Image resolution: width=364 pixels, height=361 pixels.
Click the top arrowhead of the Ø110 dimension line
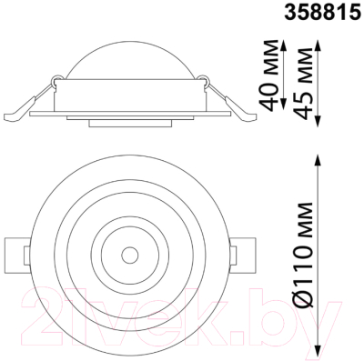click(x=316, y=155)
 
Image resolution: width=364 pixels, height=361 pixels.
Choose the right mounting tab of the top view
click(x=245, y=254)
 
